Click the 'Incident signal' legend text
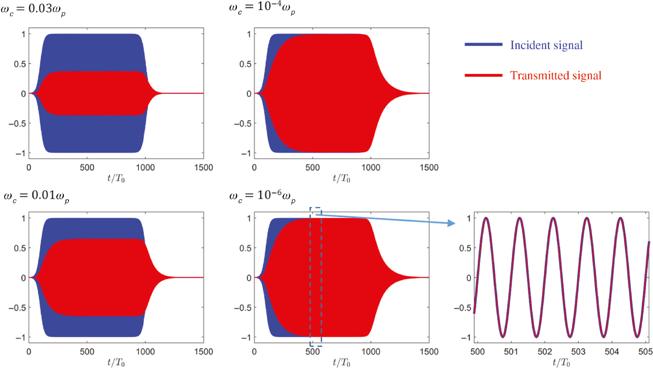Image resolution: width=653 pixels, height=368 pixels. click(x=546, y=45)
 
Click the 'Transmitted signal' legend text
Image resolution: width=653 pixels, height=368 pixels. click(x=555, y=76)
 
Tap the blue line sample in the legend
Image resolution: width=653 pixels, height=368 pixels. click(x=483, y=45)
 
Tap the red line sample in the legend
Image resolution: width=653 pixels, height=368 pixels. click(x=483, y=75)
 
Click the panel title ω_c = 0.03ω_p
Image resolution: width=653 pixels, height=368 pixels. click(x=33, y=9)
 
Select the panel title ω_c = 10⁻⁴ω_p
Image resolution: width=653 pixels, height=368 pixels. click(x=262, y=8)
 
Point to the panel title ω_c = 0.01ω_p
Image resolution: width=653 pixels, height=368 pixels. click(x=36, y=196)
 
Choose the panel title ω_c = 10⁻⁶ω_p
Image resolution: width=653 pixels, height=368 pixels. click(x=262, y=195)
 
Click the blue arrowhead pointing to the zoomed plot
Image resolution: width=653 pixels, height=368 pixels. click(x=451, y=223)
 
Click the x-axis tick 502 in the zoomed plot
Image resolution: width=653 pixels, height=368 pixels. click(x=544, y=352)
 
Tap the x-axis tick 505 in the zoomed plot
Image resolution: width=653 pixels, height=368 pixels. click(x=645, y=352)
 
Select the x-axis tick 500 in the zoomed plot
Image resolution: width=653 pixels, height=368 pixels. click(x=477, y=352)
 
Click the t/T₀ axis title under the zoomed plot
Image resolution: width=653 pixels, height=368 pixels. click(x=561, y=363)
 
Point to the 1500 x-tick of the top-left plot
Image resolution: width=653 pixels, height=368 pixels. click(x=203, y=168)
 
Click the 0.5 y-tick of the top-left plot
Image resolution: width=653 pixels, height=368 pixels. click(x=20, y=64)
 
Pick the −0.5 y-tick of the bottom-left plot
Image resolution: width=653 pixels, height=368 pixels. click(x=17, y=308)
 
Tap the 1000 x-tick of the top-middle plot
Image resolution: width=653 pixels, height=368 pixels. click(x=370, y=168)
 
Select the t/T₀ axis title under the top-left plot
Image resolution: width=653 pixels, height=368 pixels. click(x=116, y=179)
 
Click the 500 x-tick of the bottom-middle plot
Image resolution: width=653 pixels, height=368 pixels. click(x=312, y=352)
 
